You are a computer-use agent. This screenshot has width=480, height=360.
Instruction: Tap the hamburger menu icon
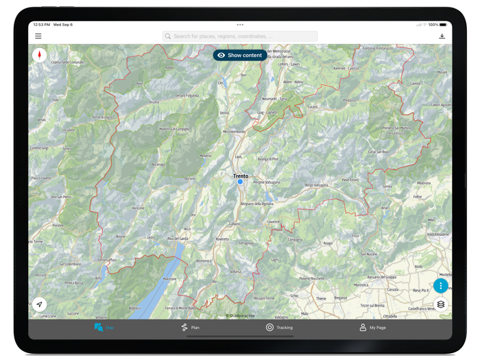pyautogui.click(x=38, y=36)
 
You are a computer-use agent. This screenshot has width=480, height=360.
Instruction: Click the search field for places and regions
pyautogui.click(x=240, y=36)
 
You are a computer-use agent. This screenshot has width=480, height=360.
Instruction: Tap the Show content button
pyautogui.click(x=239, y=55)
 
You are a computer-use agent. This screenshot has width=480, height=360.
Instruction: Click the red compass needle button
pyautogui.click(x=40, y=56)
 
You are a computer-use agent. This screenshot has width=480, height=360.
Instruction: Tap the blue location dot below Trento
pyautogui.click(x=240, y=182)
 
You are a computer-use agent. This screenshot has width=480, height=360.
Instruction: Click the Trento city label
pyautogui.click(x=241, y=176)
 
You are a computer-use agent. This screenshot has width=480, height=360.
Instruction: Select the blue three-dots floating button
pyautogui.click(x=440, y=286)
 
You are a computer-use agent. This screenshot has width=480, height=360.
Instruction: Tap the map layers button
pyautogui.click(x=440, y=304)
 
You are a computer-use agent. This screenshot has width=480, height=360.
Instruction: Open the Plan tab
pyautogui.click(x=191, y=328)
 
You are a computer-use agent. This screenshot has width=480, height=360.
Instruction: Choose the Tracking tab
pyautogui.click(x=279, y=328)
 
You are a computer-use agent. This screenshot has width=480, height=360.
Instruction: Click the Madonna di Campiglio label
pyautogui.click(x=174, y=129)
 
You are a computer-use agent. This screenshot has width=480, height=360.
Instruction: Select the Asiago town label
pyautogui.click(x=328, y=243)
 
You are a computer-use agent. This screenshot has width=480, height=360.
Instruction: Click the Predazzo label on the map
pyautogui.click(x=350, y=99)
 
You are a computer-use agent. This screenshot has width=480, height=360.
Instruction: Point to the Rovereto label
pyautogui.click(x=221, y=239)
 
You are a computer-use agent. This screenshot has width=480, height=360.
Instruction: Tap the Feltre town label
pyautogui.click(x=416, y=196)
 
